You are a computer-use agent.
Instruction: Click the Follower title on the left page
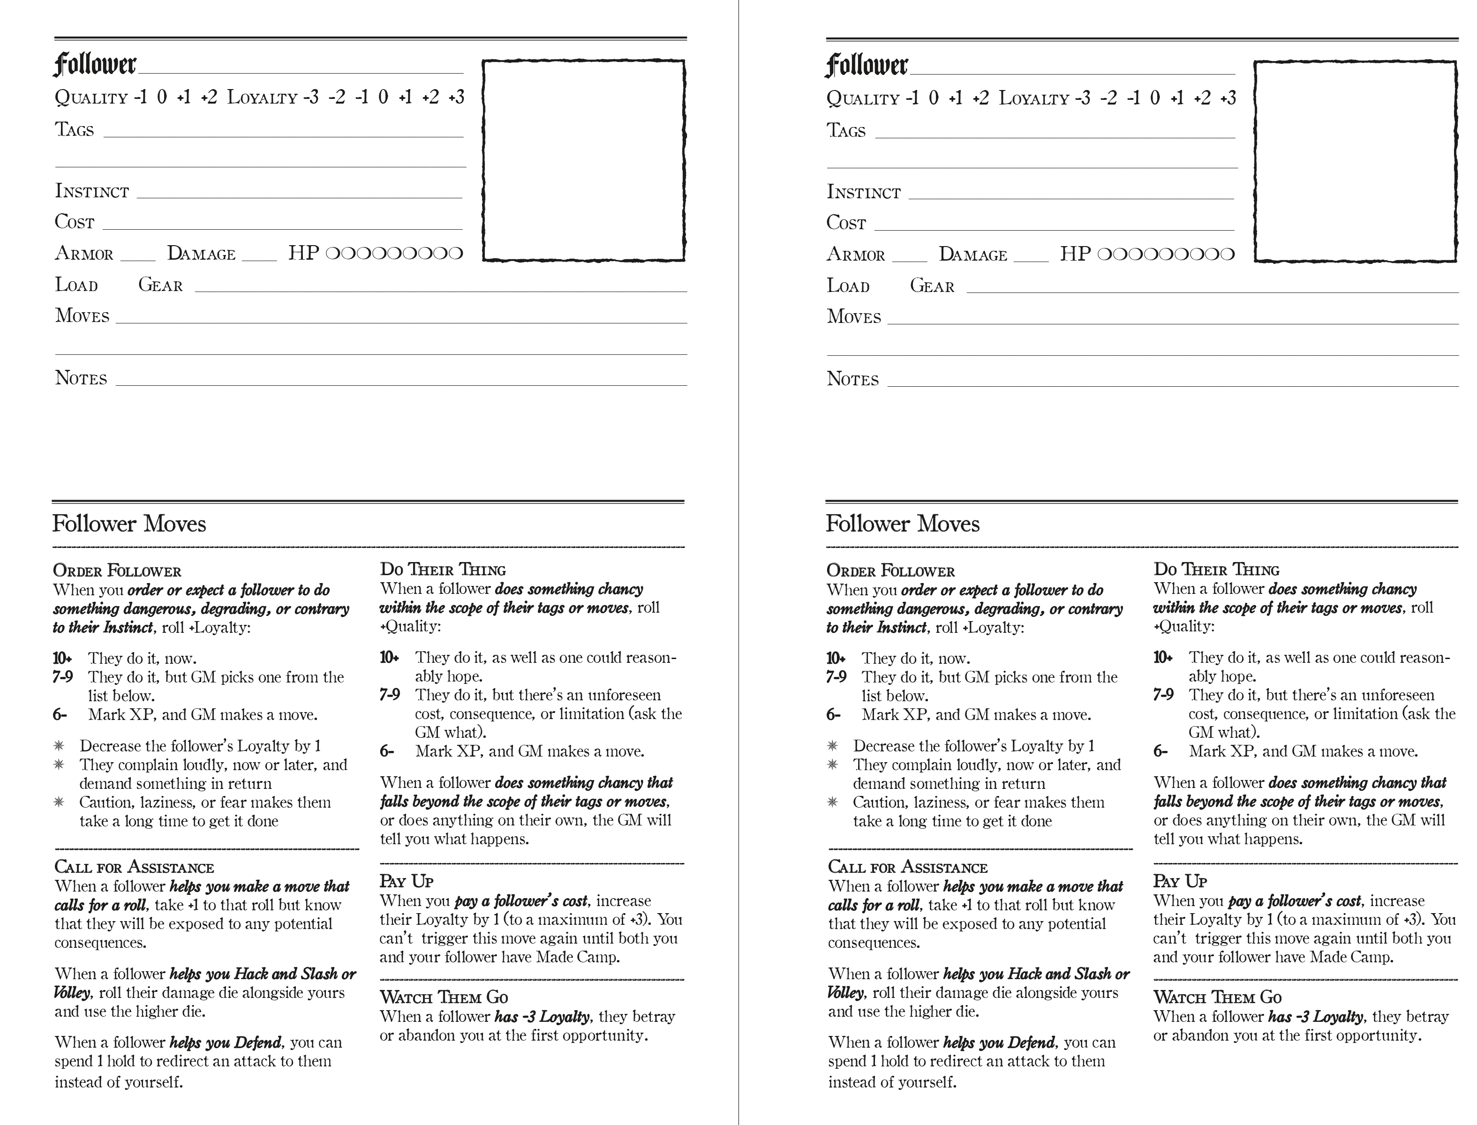click(x=95, y=65)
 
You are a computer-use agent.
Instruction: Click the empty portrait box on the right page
click(x=1355, y=161)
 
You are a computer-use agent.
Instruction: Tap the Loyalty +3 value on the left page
click(x=456, y=98)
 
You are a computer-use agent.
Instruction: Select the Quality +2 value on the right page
click(x=980, y=98)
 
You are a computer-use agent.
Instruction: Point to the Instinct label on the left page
click(x=92, y=192)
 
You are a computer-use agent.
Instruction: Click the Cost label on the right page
click(x=846, y=223)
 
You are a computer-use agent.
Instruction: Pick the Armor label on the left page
click(x=84, y=254)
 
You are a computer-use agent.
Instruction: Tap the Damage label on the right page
click(x=972, y=255)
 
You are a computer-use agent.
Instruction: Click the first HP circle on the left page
click(x=332, y=254)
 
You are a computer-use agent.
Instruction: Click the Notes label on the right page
click(x=852, y=379)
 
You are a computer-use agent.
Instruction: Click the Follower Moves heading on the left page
click(x=129, y=524)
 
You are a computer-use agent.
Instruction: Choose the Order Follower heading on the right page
click(x=890, y=571)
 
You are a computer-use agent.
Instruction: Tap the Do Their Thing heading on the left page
click(x=443, y=570)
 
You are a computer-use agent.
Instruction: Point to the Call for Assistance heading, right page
click(x=908, y=867)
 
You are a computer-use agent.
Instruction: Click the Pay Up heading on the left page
click(x=407, y=881)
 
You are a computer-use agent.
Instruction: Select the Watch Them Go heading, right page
click(x=1217, y=997)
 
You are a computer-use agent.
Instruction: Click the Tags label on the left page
click(x=75, y=130)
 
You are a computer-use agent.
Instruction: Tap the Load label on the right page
click(x=848, y=286)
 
